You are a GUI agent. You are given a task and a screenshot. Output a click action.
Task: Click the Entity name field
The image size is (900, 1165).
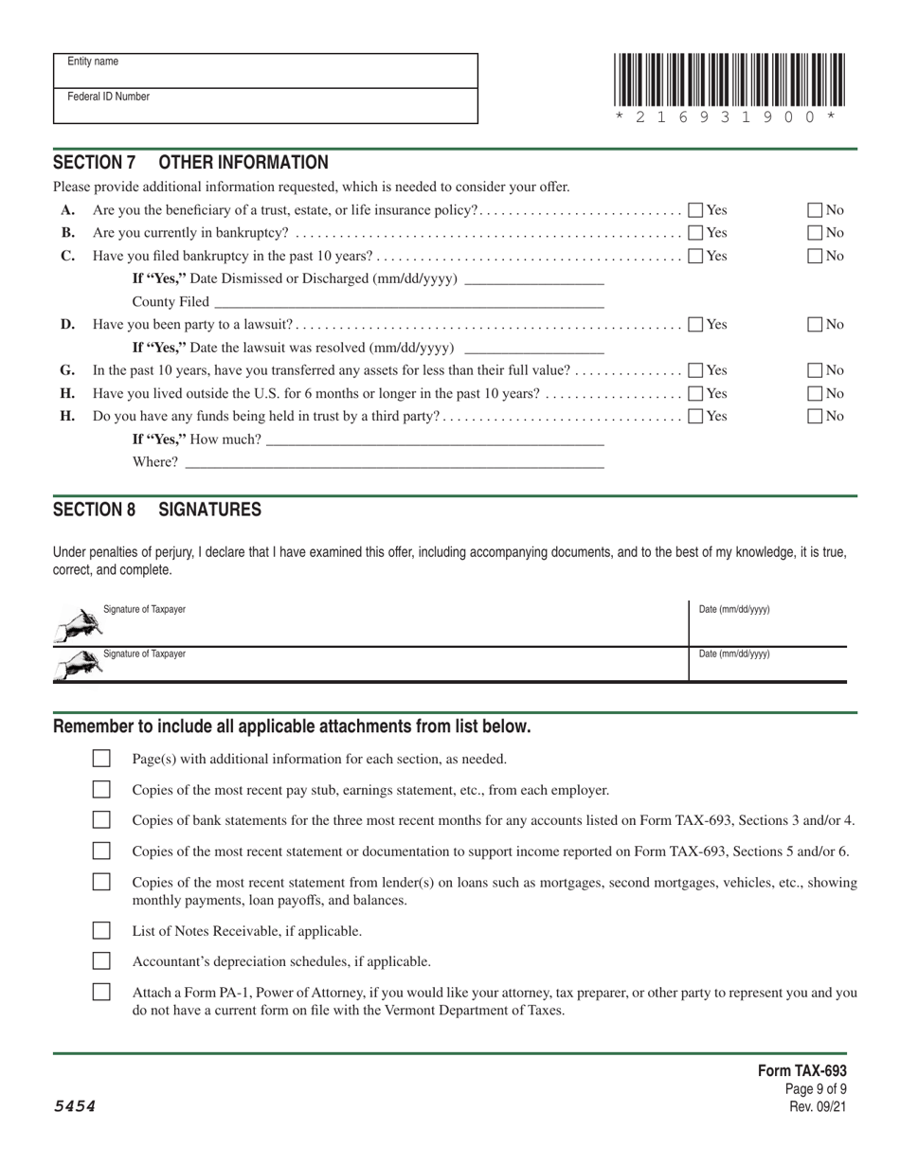coord(265,71)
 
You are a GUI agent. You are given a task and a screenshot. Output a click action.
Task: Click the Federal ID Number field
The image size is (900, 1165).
coord(265,106)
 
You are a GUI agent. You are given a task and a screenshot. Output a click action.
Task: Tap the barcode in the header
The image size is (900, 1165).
coord(728,86)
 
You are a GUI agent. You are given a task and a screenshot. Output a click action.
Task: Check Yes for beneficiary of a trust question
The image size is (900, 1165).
coord(696,210)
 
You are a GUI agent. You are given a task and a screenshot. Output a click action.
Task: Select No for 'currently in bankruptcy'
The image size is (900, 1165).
coord(815,233)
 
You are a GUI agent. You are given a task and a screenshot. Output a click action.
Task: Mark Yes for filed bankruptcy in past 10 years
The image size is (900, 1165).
coord(696,256)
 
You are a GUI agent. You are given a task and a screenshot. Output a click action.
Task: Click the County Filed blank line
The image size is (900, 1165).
coord(408,302)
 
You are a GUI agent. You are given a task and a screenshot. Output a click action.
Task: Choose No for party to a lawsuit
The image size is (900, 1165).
coord(815,325)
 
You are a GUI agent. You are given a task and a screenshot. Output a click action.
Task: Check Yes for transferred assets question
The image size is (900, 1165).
coord(696,370)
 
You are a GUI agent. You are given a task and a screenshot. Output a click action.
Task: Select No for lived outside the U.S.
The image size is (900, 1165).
coord(815,393)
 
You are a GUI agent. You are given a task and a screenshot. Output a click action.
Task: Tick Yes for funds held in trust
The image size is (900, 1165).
coord(696,416)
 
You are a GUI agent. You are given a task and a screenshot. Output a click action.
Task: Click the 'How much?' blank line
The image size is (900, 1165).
coord(435,439)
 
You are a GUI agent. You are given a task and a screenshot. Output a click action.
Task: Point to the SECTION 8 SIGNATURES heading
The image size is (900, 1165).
coord(157,510)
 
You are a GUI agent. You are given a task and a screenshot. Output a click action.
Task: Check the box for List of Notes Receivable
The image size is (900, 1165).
coord(101,930)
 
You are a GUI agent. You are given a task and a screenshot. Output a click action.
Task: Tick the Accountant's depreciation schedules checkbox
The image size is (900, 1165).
coord(101,960)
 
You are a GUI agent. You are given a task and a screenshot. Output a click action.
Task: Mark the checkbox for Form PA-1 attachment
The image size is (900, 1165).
coord(101,993)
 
